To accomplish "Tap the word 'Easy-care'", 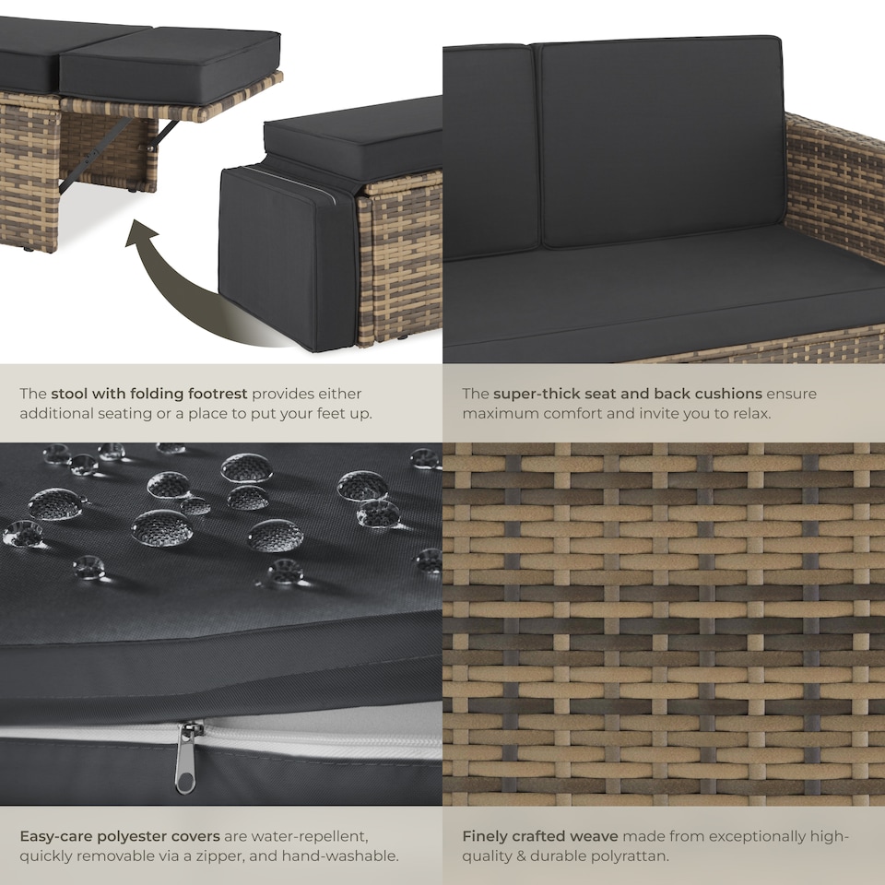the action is (x=56, y=836).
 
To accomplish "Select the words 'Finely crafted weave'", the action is (x=540, y=836).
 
